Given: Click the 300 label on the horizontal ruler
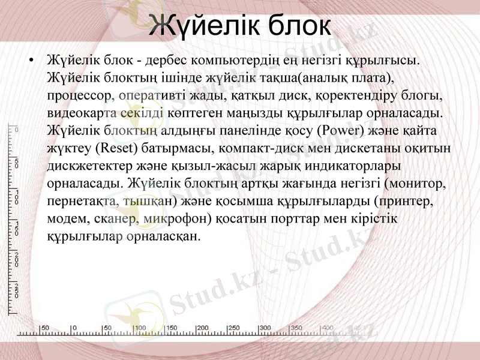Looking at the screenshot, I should click(x=265, y=328).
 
